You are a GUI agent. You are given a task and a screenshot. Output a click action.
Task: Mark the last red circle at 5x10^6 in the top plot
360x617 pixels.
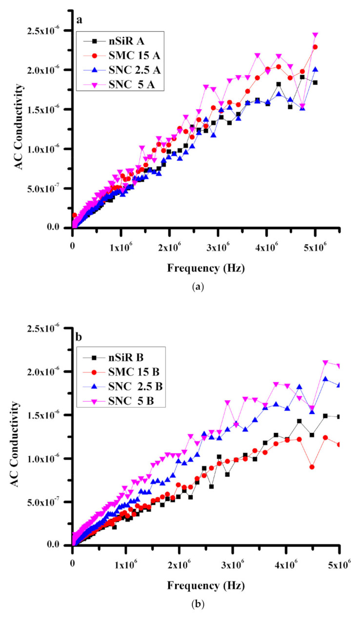tap(315, 47)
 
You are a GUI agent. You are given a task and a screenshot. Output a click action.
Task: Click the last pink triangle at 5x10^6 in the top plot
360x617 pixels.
tap(315, 35)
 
